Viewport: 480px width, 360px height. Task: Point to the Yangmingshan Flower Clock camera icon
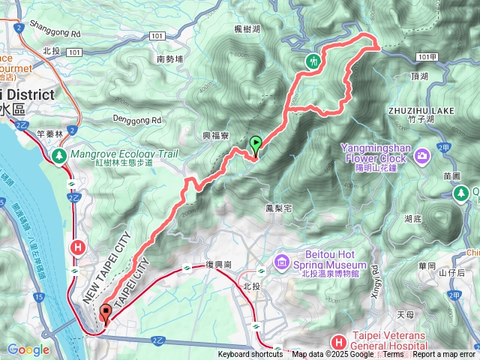click(x=421, y=155)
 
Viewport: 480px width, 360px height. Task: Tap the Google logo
click(x=28, y=349)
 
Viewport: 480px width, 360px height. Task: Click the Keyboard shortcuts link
click(x=250, y=355)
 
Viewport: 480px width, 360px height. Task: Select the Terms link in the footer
click(x=393, y=355)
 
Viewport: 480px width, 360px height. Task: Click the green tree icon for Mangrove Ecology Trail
click(x=59, y=155)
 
